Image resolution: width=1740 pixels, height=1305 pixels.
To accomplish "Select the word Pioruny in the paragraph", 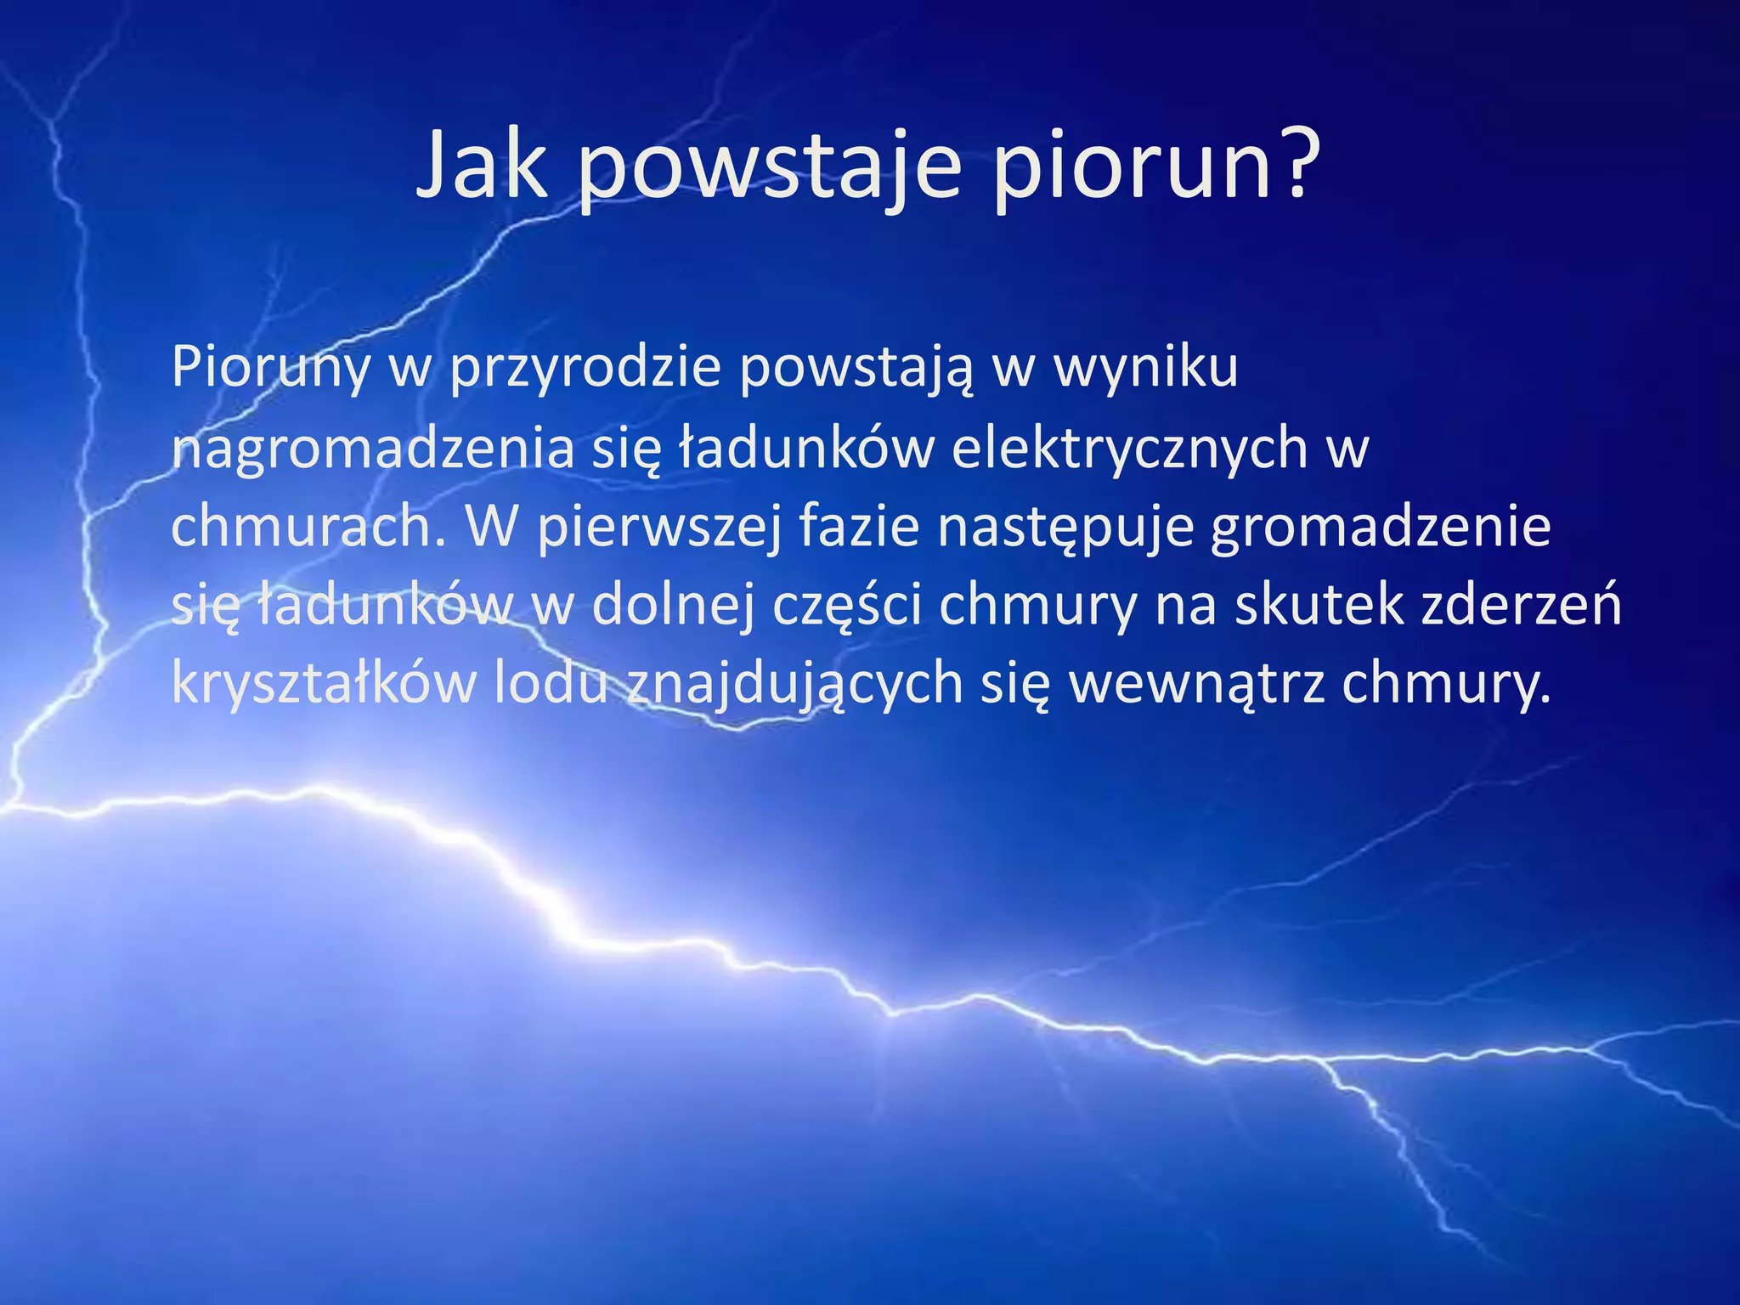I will [271, 367].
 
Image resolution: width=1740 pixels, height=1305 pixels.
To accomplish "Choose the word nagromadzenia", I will [373, 448].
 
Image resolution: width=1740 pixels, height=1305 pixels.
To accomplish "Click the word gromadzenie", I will [1381, 527].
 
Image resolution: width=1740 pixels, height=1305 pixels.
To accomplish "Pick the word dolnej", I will [672, 607].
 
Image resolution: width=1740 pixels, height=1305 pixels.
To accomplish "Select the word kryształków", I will [324, 685].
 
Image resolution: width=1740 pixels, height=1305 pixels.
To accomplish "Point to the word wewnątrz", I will [1196, 685].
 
